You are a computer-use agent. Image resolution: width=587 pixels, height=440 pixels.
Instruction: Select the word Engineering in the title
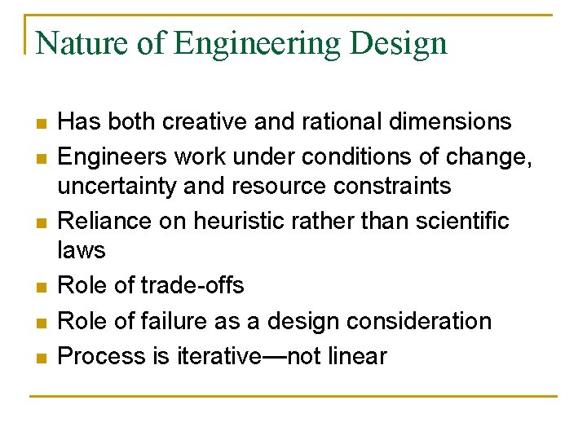pyautogui.click(x=258, y=44)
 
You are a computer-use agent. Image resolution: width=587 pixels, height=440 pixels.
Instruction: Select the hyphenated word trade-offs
pyautogui.click(x=192, y=285)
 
